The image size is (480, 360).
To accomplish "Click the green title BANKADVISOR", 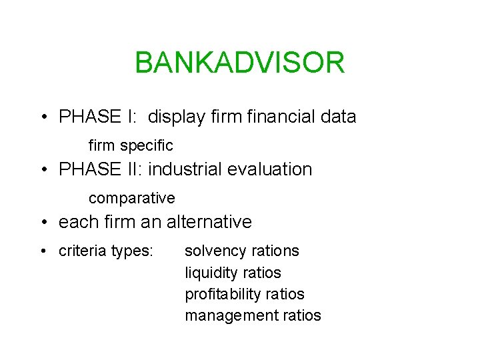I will [239, 63].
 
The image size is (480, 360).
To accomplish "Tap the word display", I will [175, 117].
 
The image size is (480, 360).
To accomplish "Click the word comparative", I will [131, 198].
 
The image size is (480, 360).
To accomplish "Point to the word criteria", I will [83, 251].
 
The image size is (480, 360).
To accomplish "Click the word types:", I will [133, 251].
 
